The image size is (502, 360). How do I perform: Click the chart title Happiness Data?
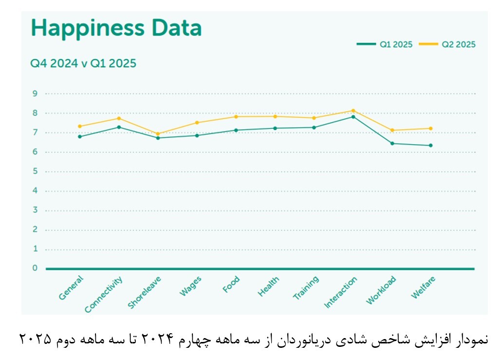click(116, 28)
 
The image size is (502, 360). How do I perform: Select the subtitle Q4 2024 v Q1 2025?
click(83, 64)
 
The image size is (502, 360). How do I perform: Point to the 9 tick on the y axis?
click(35, 94)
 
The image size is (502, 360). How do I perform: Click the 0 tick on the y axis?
click(35, 268)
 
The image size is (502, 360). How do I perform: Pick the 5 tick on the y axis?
click(35, 171)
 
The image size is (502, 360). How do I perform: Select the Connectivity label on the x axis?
click(104, 294)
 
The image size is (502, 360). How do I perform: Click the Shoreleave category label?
click(145, 292)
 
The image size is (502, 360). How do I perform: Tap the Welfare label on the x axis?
click(423, 287)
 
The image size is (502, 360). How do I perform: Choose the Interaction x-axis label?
click(341, 292)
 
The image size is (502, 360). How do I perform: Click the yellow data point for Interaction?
click(353, 111)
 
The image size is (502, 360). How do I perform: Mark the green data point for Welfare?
click(431, 145)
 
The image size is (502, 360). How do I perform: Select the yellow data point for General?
click(80, 126)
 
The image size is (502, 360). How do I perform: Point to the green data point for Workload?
click(392, 143)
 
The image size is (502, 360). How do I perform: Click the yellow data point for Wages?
click(197, 122)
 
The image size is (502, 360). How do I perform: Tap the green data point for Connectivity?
click(119, 127)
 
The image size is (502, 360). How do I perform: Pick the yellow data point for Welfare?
click(431, 129)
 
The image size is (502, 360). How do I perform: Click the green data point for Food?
click(236, 130)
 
